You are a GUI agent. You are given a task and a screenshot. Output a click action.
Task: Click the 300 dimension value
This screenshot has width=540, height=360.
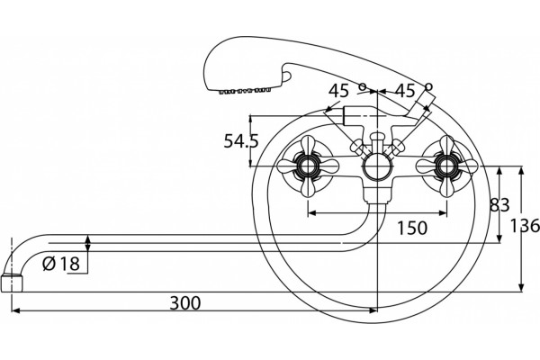[184, 303]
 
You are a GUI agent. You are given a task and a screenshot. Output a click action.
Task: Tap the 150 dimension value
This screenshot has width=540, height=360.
[412, 228]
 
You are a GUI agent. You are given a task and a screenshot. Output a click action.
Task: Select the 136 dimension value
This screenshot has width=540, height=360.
[525, 226]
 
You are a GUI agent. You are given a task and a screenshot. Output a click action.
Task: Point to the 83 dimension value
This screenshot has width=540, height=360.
[499, 205]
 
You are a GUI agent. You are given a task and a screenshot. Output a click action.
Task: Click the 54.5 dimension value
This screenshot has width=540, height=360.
[241, 141]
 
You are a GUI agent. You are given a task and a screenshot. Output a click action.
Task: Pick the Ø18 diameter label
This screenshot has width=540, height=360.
[61, 264]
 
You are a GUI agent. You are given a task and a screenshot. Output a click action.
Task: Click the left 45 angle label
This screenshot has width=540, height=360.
[338, 91]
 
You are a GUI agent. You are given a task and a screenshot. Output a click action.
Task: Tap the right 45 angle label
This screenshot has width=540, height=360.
[405, 91]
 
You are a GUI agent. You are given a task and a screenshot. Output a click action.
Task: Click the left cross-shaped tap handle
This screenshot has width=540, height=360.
[308, 166]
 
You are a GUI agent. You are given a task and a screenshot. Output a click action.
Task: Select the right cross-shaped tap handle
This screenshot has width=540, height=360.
[446, 166]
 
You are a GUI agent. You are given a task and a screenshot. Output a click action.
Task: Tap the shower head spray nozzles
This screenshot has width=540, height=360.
[245, 91]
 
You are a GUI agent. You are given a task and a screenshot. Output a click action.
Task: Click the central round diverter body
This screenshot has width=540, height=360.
[378, 167]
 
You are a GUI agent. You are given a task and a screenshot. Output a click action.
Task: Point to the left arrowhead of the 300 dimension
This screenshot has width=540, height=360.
[15, 310]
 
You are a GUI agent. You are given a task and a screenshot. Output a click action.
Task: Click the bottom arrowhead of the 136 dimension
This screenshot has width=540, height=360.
[521, 288]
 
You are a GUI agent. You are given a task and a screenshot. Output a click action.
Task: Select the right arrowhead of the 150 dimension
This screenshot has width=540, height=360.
[443, 213]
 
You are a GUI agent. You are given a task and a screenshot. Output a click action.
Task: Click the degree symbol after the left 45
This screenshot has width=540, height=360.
[363, 86]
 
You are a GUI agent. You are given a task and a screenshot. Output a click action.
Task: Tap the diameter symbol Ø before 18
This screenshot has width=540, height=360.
[49, 265]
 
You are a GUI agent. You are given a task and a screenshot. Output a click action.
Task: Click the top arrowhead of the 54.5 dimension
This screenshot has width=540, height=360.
[251, 120]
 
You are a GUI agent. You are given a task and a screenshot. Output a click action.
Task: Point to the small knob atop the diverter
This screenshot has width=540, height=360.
[378, 137]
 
